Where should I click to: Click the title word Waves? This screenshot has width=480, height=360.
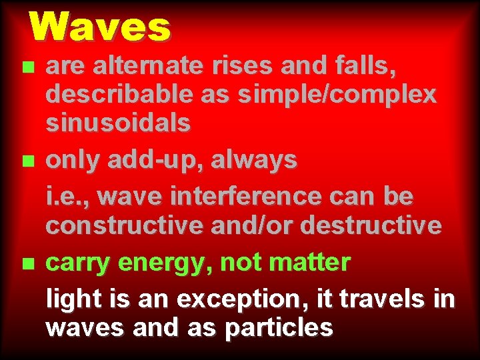pos(100,28)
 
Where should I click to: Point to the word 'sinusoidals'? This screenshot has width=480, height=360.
pos(118,123)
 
